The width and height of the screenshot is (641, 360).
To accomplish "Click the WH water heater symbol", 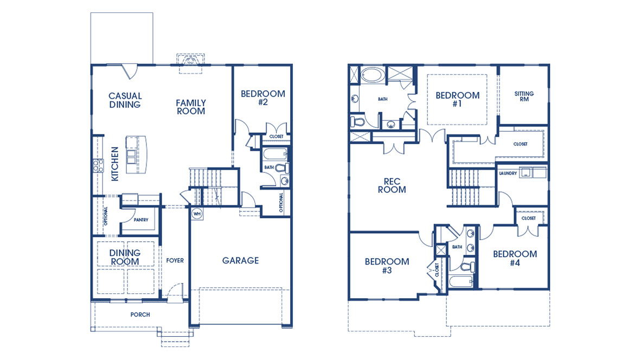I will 196,213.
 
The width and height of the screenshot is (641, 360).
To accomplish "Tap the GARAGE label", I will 241,261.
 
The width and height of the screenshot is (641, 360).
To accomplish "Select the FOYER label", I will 175,261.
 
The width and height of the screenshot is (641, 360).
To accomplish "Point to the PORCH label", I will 140,314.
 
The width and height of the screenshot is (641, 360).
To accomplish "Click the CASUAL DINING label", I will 125,100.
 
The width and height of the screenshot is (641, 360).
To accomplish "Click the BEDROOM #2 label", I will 262,98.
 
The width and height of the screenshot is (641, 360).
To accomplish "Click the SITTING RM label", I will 524,97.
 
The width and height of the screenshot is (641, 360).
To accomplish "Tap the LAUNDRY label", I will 508,173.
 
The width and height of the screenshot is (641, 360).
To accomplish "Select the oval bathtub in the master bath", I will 372,74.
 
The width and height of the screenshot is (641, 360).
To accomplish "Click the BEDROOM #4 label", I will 515,258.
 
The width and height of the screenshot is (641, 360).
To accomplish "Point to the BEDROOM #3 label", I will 387,266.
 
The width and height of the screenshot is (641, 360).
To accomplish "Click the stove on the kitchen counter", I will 99,165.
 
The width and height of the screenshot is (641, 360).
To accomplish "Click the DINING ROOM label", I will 125,257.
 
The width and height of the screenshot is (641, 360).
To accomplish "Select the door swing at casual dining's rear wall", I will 130,70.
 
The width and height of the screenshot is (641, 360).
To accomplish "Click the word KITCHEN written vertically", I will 115,164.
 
